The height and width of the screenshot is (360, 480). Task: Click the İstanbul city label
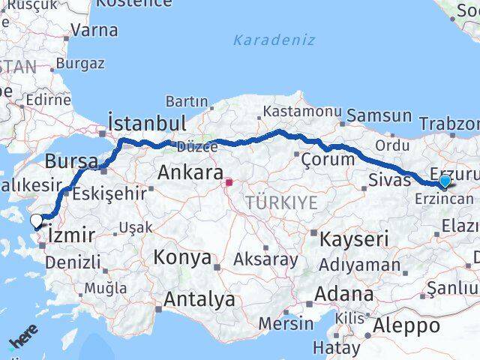(146, 122)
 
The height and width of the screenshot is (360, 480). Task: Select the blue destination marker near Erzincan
(445, 181)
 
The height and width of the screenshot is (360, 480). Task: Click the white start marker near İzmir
(36, 220)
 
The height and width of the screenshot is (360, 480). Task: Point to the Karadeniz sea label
(274, 40)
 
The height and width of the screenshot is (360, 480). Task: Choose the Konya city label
(181, 258)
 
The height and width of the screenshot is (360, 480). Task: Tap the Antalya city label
(199, 300)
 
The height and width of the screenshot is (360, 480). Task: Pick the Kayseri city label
(354, 240)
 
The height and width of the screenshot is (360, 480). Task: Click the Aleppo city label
(407, 325)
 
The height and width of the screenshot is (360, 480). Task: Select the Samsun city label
(379, 115)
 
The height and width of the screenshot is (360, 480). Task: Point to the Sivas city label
(388, 179)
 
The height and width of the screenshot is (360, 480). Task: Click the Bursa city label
(71, 161)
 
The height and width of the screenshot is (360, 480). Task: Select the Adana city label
(345, 293)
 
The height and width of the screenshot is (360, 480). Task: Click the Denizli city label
(73, 262)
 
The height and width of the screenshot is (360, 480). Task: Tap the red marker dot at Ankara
(229, 181)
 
